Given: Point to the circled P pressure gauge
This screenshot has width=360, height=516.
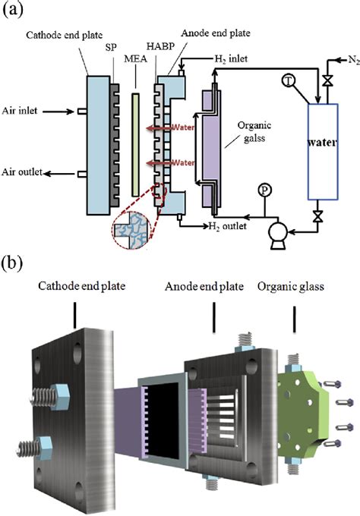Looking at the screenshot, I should point(264,188).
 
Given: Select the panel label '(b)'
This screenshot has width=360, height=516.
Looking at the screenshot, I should point(14,266).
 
